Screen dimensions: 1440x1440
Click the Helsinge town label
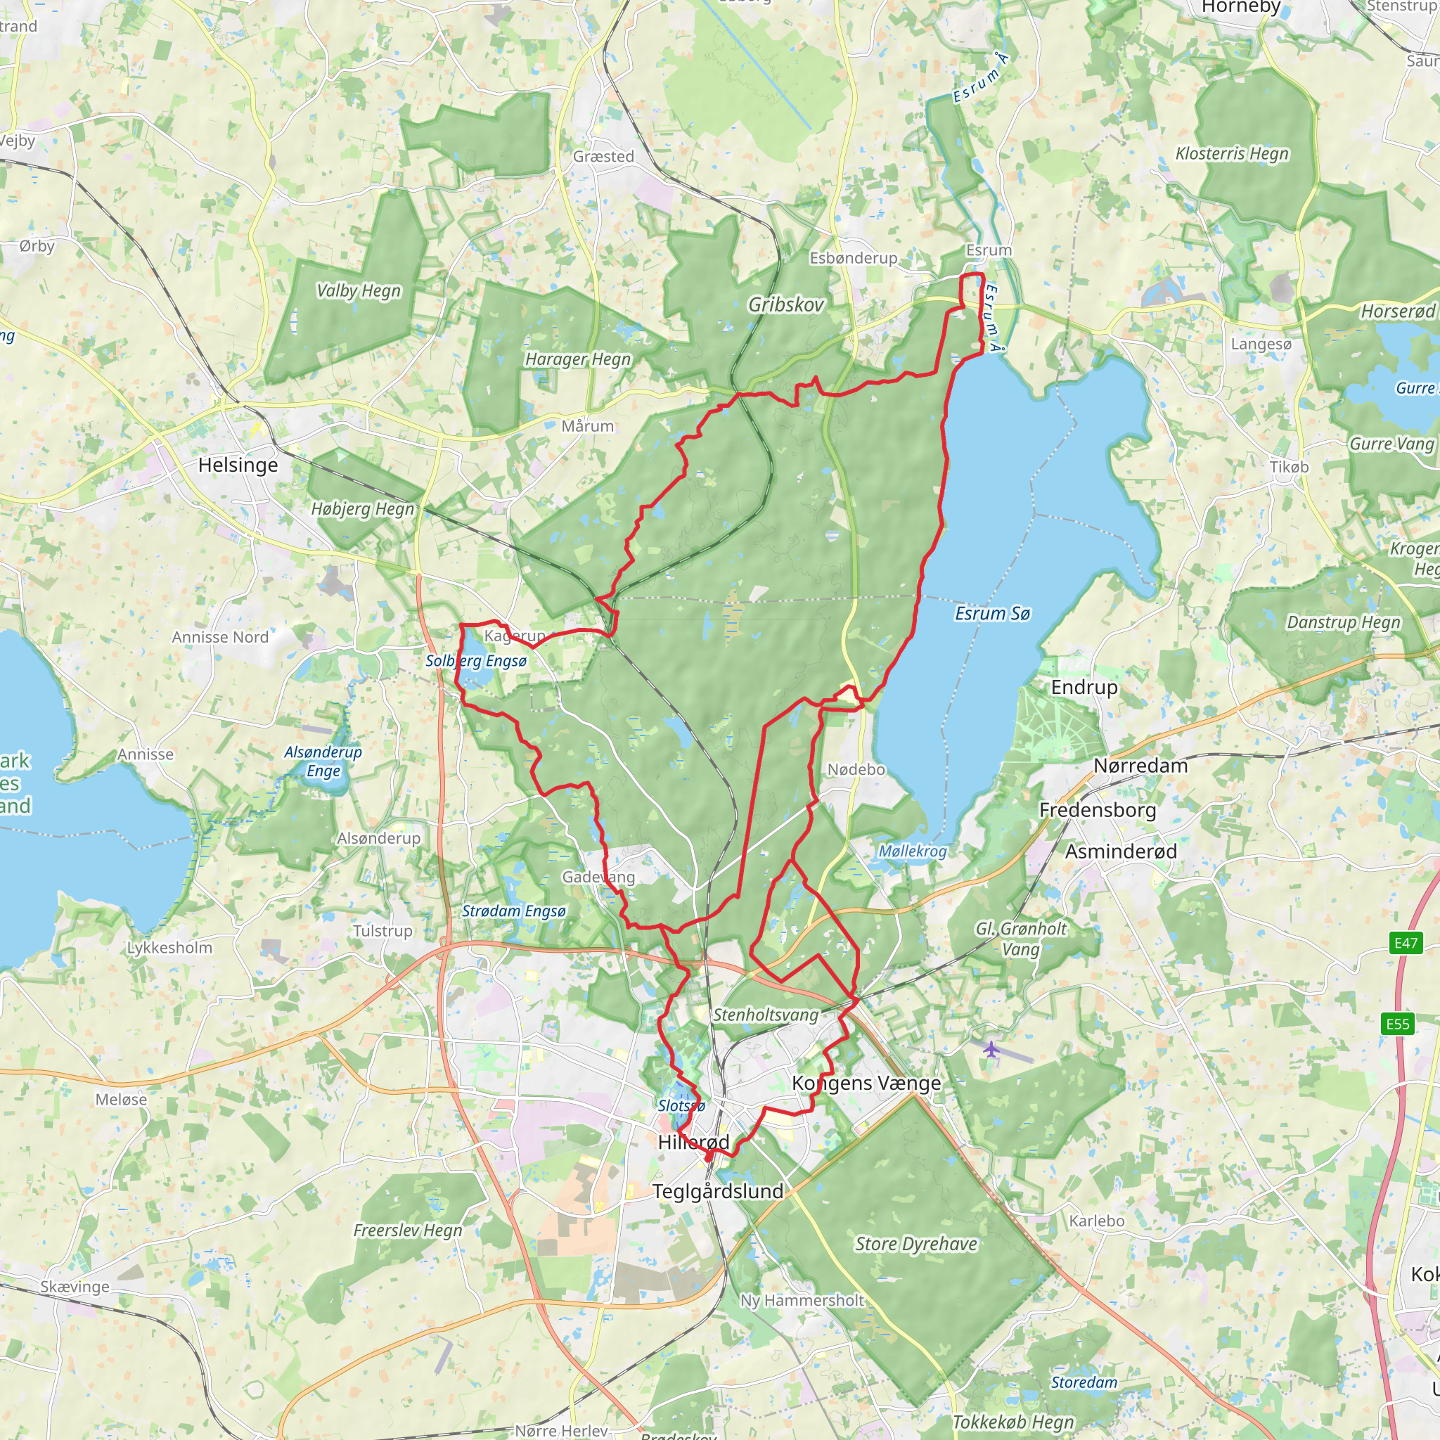(x=238, y=465)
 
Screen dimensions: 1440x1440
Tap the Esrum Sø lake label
(x=992, y=613)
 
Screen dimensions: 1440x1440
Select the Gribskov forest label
(x=786, y=304)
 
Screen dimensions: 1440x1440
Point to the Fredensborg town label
(x=1097, y=809)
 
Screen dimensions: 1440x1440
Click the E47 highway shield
(x=1406, y=943)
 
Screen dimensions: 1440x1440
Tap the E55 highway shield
(x=1398, y=1023)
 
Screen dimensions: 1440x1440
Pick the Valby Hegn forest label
(x=359, y=290)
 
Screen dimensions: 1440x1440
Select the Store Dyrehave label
(x=916, y=1243)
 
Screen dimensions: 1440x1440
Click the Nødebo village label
(x=856, y=769)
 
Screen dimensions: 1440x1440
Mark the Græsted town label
(x=604, y=157)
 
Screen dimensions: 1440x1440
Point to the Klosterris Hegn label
(x=1232, y=153)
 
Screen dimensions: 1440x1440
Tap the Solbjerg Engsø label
(x=476, y=660)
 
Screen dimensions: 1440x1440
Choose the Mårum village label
(x=587, y=426)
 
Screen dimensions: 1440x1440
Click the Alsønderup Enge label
(x=323, y=761)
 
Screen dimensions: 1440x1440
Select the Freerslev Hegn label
(x=408, y=1230)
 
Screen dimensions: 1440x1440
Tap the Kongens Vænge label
(x=866, y=1083)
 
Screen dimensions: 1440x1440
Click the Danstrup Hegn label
(x=1344, y=622)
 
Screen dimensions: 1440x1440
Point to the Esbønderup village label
(x=854, y=258)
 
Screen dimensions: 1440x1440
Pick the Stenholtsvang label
(x=766, y=1015)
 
